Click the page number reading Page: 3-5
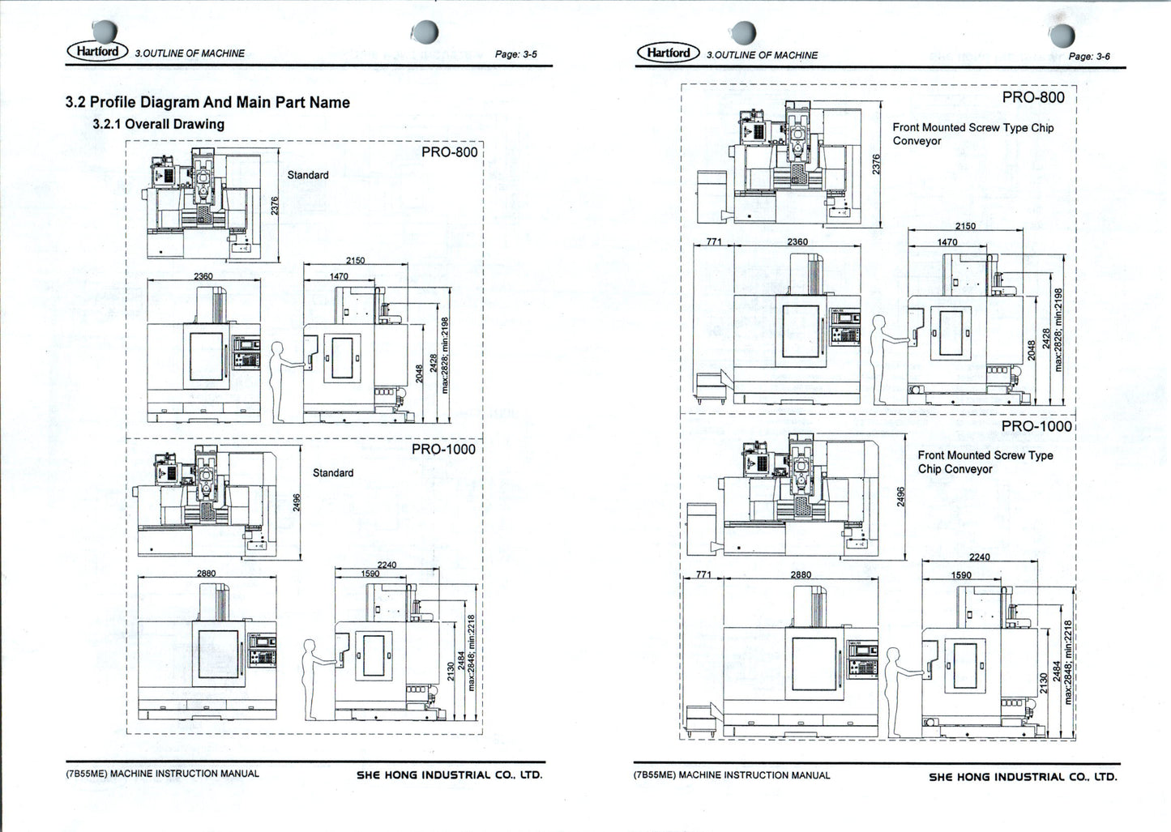point(515,54)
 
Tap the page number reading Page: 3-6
point(1088,56)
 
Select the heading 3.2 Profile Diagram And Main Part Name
point(207,102)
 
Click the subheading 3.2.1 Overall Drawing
point(158,124)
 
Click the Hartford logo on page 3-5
point(97,51)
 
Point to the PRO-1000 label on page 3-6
point(1036,426)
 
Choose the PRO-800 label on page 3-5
point(449,151)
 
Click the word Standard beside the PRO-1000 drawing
point(333,472)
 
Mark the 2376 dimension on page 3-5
point(274,206)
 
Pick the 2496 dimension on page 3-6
point(900,496)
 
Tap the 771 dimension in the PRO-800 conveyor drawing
point(713,241)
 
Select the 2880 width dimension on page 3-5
point(207,573)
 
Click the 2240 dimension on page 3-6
point(979,557)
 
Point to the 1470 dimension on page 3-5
point(338,276)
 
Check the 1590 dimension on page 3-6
point(960,574)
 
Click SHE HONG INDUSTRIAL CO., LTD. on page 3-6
point(1022,776)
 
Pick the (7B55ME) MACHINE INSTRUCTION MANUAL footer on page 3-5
point(163,774)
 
